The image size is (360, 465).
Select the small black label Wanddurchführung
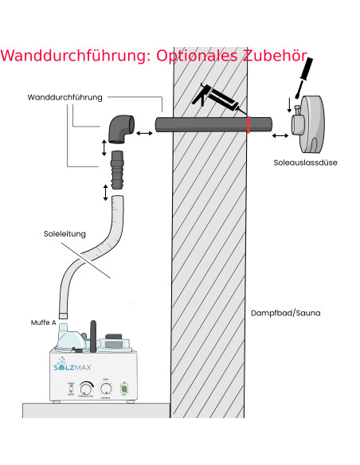coord(65,97)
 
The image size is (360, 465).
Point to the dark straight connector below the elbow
coord(118,168)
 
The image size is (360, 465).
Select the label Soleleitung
coord(66,234)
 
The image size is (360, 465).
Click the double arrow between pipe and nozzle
coord(281,136)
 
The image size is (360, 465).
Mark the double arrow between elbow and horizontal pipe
coord(145,133)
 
